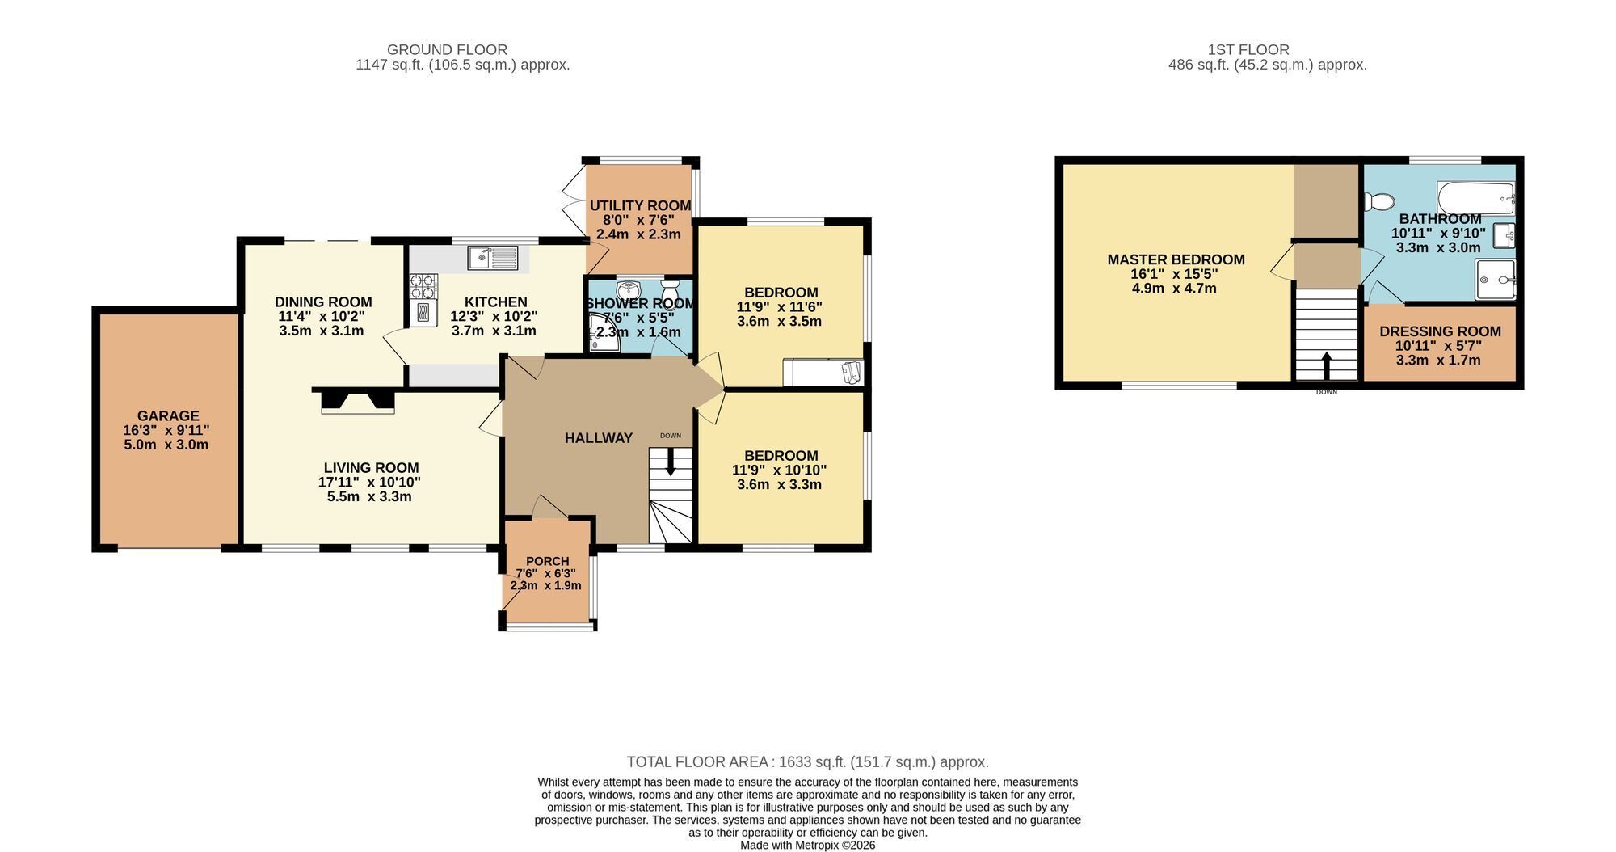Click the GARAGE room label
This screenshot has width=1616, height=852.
pos(168,416)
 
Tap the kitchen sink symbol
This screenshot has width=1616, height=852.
pos(493,258)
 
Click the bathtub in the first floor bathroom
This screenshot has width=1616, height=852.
pos(1475,196)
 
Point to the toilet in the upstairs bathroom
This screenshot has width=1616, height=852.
pos(1378,200)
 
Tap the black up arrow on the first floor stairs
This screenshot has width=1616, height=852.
pos(1326,365)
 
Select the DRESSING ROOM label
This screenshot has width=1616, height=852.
pos(1440,331)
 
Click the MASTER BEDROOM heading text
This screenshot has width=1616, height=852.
pos(1176,259)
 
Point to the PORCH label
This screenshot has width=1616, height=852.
pos(547,561)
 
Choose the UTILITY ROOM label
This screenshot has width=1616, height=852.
pos(640,205)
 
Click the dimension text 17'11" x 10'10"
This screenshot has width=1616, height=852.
pos(369,482)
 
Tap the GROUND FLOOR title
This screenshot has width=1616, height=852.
pos(447,49)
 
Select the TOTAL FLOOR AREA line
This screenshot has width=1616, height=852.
pos(808,761)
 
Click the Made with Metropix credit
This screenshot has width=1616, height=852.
pos(808,845)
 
